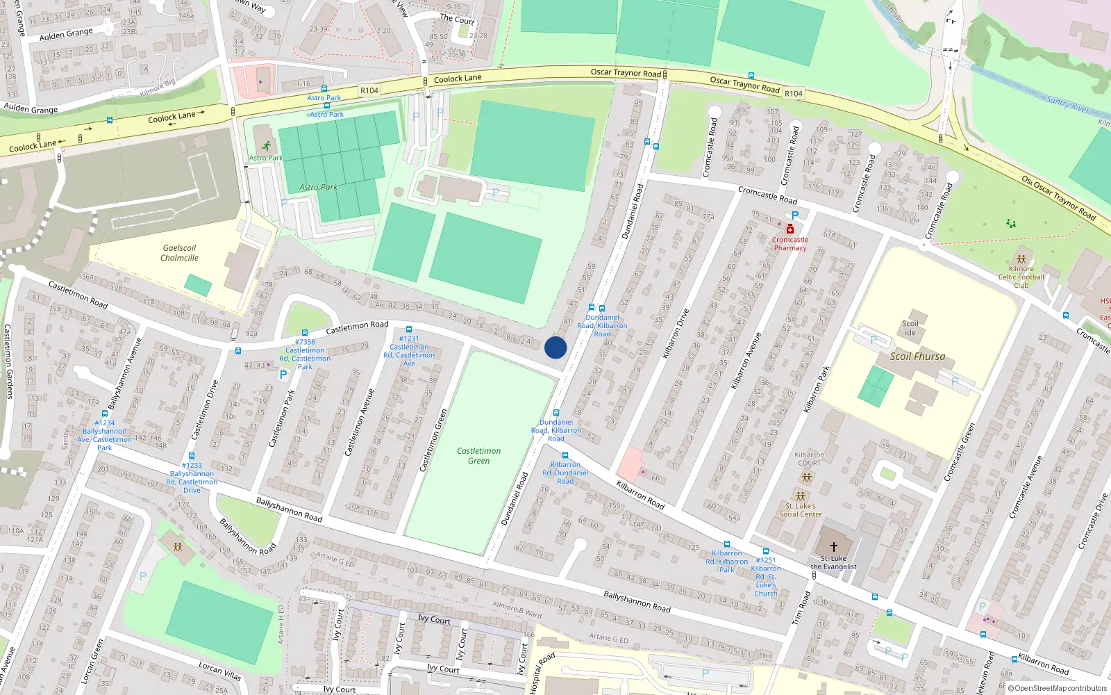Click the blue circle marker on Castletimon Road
(555, 347)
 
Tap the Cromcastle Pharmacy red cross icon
(790, 229)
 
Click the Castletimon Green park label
(478, 456)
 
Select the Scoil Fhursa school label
(917, 357)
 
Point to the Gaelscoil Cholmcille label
(179, 253)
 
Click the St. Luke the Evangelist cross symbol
(834, 547)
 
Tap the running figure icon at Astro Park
(267, 146)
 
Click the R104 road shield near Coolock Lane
(369, 90)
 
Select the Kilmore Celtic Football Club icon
(1021, 259)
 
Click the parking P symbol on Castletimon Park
(283, 375)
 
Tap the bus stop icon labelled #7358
(305, 333)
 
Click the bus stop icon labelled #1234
(105, 414)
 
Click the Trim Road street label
(801, 608)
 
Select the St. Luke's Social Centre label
(800, 510)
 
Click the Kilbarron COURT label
(809, 459)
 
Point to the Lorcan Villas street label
(219, 671)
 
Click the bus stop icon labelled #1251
(766, 551)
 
